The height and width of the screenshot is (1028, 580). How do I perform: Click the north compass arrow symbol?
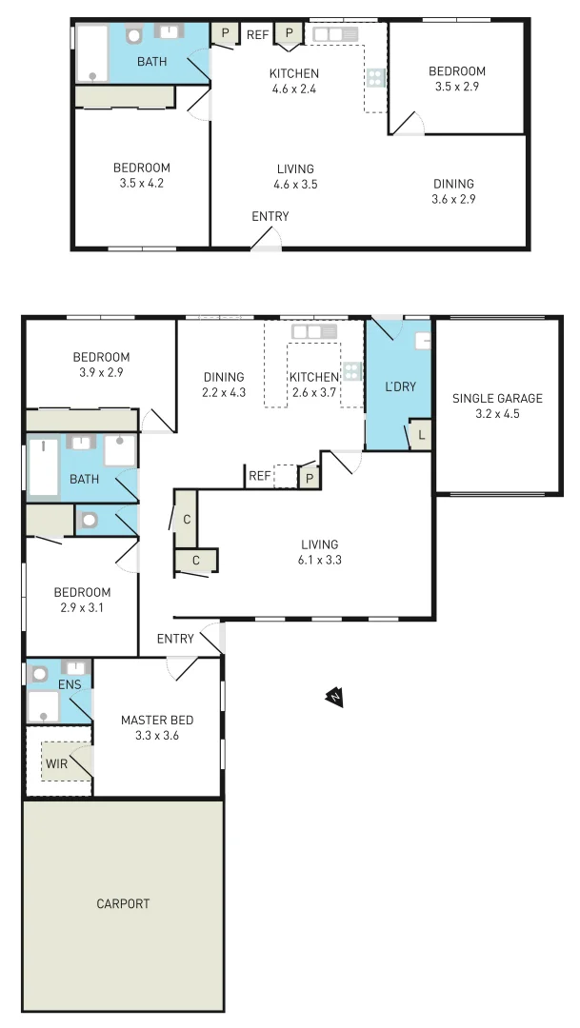point(334,699)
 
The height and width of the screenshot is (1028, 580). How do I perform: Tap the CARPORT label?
point(123,903)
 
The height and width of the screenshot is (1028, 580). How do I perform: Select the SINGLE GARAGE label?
point(497,398)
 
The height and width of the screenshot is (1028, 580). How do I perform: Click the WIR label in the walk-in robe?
point(56,762)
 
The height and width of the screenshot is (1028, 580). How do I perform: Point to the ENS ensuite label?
point(70,683)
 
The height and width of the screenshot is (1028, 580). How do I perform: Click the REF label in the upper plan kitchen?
point(257,35)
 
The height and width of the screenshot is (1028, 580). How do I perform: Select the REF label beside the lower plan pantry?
point(258,476)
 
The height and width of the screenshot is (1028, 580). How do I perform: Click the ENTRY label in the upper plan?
point(270,216)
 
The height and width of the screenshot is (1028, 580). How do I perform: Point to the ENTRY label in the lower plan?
point(175,639)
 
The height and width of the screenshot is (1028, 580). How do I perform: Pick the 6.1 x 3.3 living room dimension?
point(319,560)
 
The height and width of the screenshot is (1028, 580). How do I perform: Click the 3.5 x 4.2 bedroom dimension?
point(141,184)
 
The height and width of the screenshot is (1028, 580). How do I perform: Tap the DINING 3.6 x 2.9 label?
point(453,191)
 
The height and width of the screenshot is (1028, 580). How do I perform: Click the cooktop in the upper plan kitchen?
point(375,78)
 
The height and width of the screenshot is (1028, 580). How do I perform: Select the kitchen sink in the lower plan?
point(315,331)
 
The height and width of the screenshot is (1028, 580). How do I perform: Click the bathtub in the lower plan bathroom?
point(44,467)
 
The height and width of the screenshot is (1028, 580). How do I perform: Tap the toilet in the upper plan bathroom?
point(134,35)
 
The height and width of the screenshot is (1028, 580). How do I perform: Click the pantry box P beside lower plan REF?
point(309,477)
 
